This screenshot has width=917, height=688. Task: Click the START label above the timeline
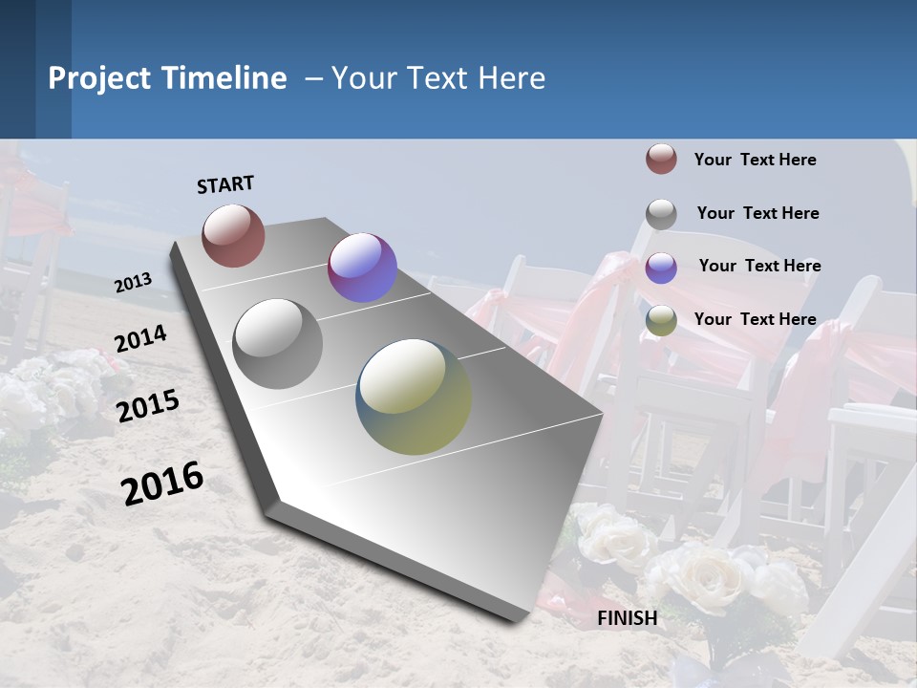[225, 184]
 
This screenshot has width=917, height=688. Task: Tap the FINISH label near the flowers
[628, 618]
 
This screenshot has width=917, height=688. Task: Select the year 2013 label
[134, 282]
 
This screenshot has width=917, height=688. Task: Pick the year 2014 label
[140, 339]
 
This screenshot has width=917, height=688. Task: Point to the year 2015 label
[148, 405]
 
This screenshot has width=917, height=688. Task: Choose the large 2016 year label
[162, 483]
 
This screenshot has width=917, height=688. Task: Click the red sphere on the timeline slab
[233, 235]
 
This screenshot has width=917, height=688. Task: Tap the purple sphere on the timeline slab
[362, 268]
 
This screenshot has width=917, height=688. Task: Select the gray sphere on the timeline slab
[278, 344]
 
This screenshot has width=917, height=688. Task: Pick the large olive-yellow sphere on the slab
[414, 397]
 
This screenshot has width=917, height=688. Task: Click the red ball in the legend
[661, 159]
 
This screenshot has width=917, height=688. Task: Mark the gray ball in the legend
[661, 213]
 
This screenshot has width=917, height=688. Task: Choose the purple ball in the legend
[661, 267]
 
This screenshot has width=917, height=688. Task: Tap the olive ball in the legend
[661, 320]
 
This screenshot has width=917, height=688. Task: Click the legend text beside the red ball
[755, 160]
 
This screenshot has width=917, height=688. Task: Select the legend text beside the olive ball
[755, 319]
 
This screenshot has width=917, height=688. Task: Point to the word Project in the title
[100, 78]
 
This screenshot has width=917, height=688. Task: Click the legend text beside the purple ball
[759, 266]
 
